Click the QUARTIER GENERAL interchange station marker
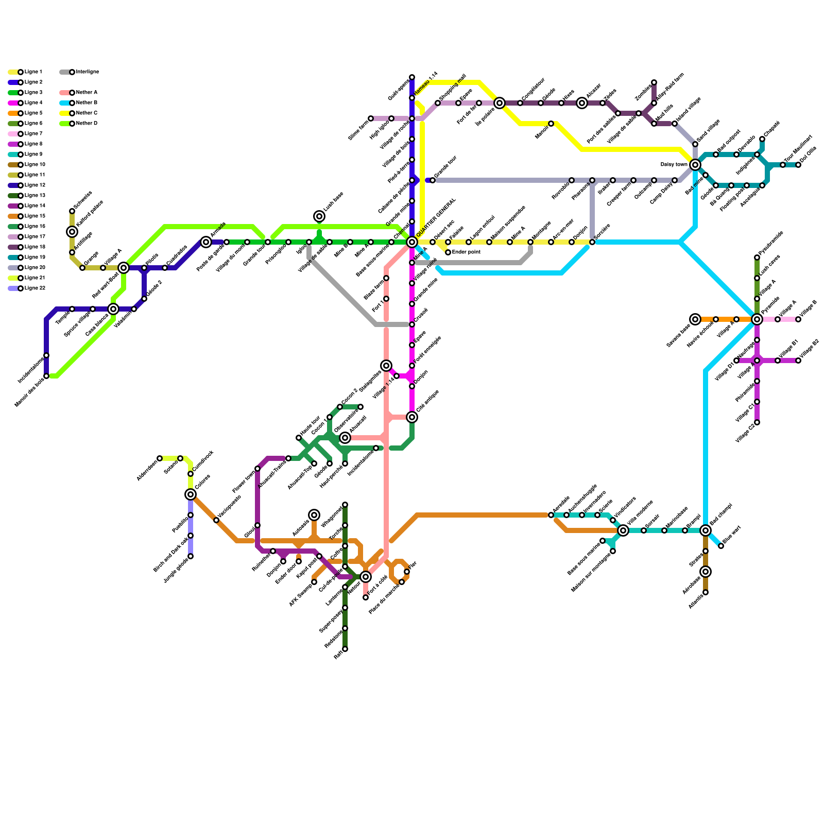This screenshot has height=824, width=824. [412, 242]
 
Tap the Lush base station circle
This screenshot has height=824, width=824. [319, 216]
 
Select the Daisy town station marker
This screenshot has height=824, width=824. [695, 165]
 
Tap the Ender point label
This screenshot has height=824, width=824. [466, 252]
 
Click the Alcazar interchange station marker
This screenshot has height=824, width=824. [582, 103]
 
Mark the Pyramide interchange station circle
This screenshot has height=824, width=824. [757, 319]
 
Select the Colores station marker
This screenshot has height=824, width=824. [191, 494]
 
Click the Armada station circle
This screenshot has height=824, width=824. [206, 242]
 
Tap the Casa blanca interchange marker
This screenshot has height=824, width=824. [113, 309]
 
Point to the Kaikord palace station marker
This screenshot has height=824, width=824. [72, 232]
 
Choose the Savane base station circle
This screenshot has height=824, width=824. [695, 319]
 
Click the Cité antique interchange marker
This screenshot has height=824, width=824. [412, 417]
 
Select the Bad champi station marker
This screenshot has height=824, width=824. [706, 530]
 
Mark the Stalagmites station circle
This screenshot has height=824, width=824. [386, 366]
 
